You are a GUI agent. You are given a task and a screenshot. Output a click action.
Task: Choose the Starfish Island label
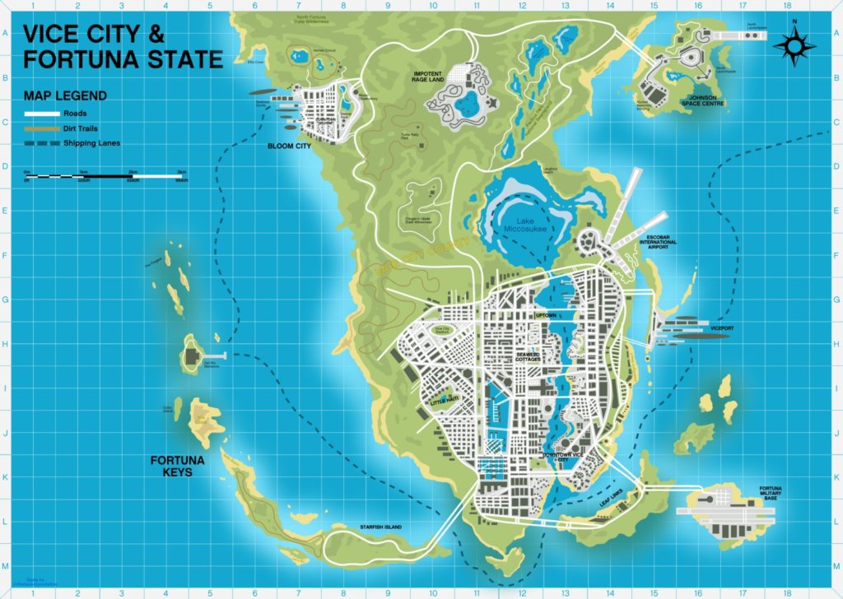tap(379, 526)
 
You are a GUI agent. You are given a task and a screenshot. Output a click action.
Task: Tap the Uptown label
tap(546, 315)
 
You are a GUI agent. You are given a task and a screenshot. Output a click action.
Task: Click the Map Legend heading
tap(65, 95)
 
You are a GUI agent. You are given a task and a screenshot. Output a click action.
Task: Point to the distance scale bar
tap(107, 175)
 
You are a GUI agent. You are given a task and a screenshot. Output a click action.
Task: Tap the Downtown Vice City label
tap(567, 457)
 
